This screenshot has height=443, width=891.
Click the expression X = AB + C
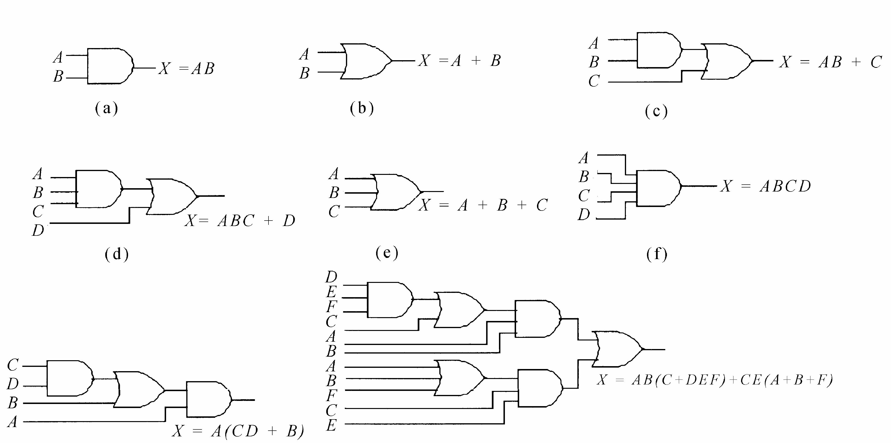[830, 62]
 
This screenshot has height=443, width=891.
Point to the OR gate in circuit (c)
[726, 61]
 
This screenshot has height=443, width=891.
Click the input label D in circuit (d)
[38, 230]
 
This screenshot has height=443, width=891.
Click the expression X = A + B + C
[483, 205]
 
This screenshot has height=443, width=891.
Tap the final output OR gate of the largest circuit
[618, 349]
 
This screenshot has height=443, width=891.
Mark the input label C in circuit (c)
[594, 81]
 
